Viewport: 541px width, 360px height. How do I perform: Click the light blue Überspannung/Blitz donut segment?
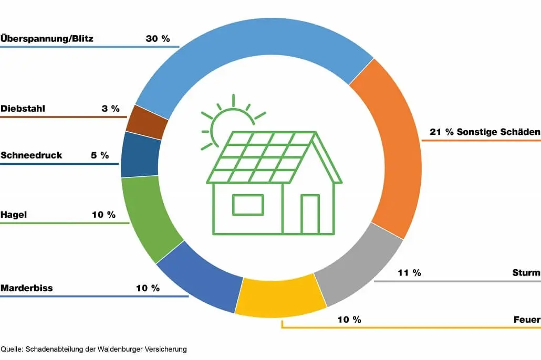[247, 42]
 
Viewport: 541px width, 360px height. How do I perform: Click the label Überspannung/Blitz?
[47, 39]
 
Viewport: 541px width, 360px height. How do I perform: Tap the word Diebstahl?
[23, 109]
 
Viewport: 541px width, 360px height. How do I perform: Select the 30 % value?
[158, 39]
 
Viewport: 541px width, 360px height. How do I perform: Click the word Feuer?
[527, 320]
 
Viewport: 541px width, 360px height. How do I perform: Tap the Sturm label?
[526, 273]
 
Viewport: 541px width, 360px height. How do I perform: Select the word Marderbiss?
[27, 288]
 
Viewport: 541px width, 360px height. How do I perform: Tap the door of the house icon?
[310, 214]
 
